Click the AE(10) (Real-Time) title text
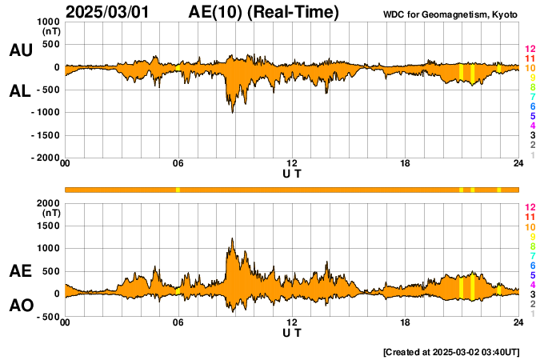264,12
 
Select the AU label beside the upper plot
21,50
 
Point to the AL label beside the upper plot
21,90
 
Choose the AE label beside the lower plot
21,271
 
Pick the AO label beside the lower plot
21,306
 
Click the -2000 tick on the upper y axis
47,158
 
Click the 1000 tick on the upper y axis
49,22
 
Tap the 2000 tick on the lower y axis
49,203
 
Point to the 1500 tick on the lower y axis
49,226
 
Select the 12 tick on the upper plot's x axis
292,164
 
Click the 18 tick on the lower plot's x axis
406,322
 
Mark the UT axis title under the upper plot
292,174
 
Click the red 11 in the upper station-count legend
530,58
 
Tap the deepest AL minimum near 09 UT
233,112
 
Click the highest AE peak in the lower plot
232,238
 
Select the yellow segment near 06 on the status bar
178,190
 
